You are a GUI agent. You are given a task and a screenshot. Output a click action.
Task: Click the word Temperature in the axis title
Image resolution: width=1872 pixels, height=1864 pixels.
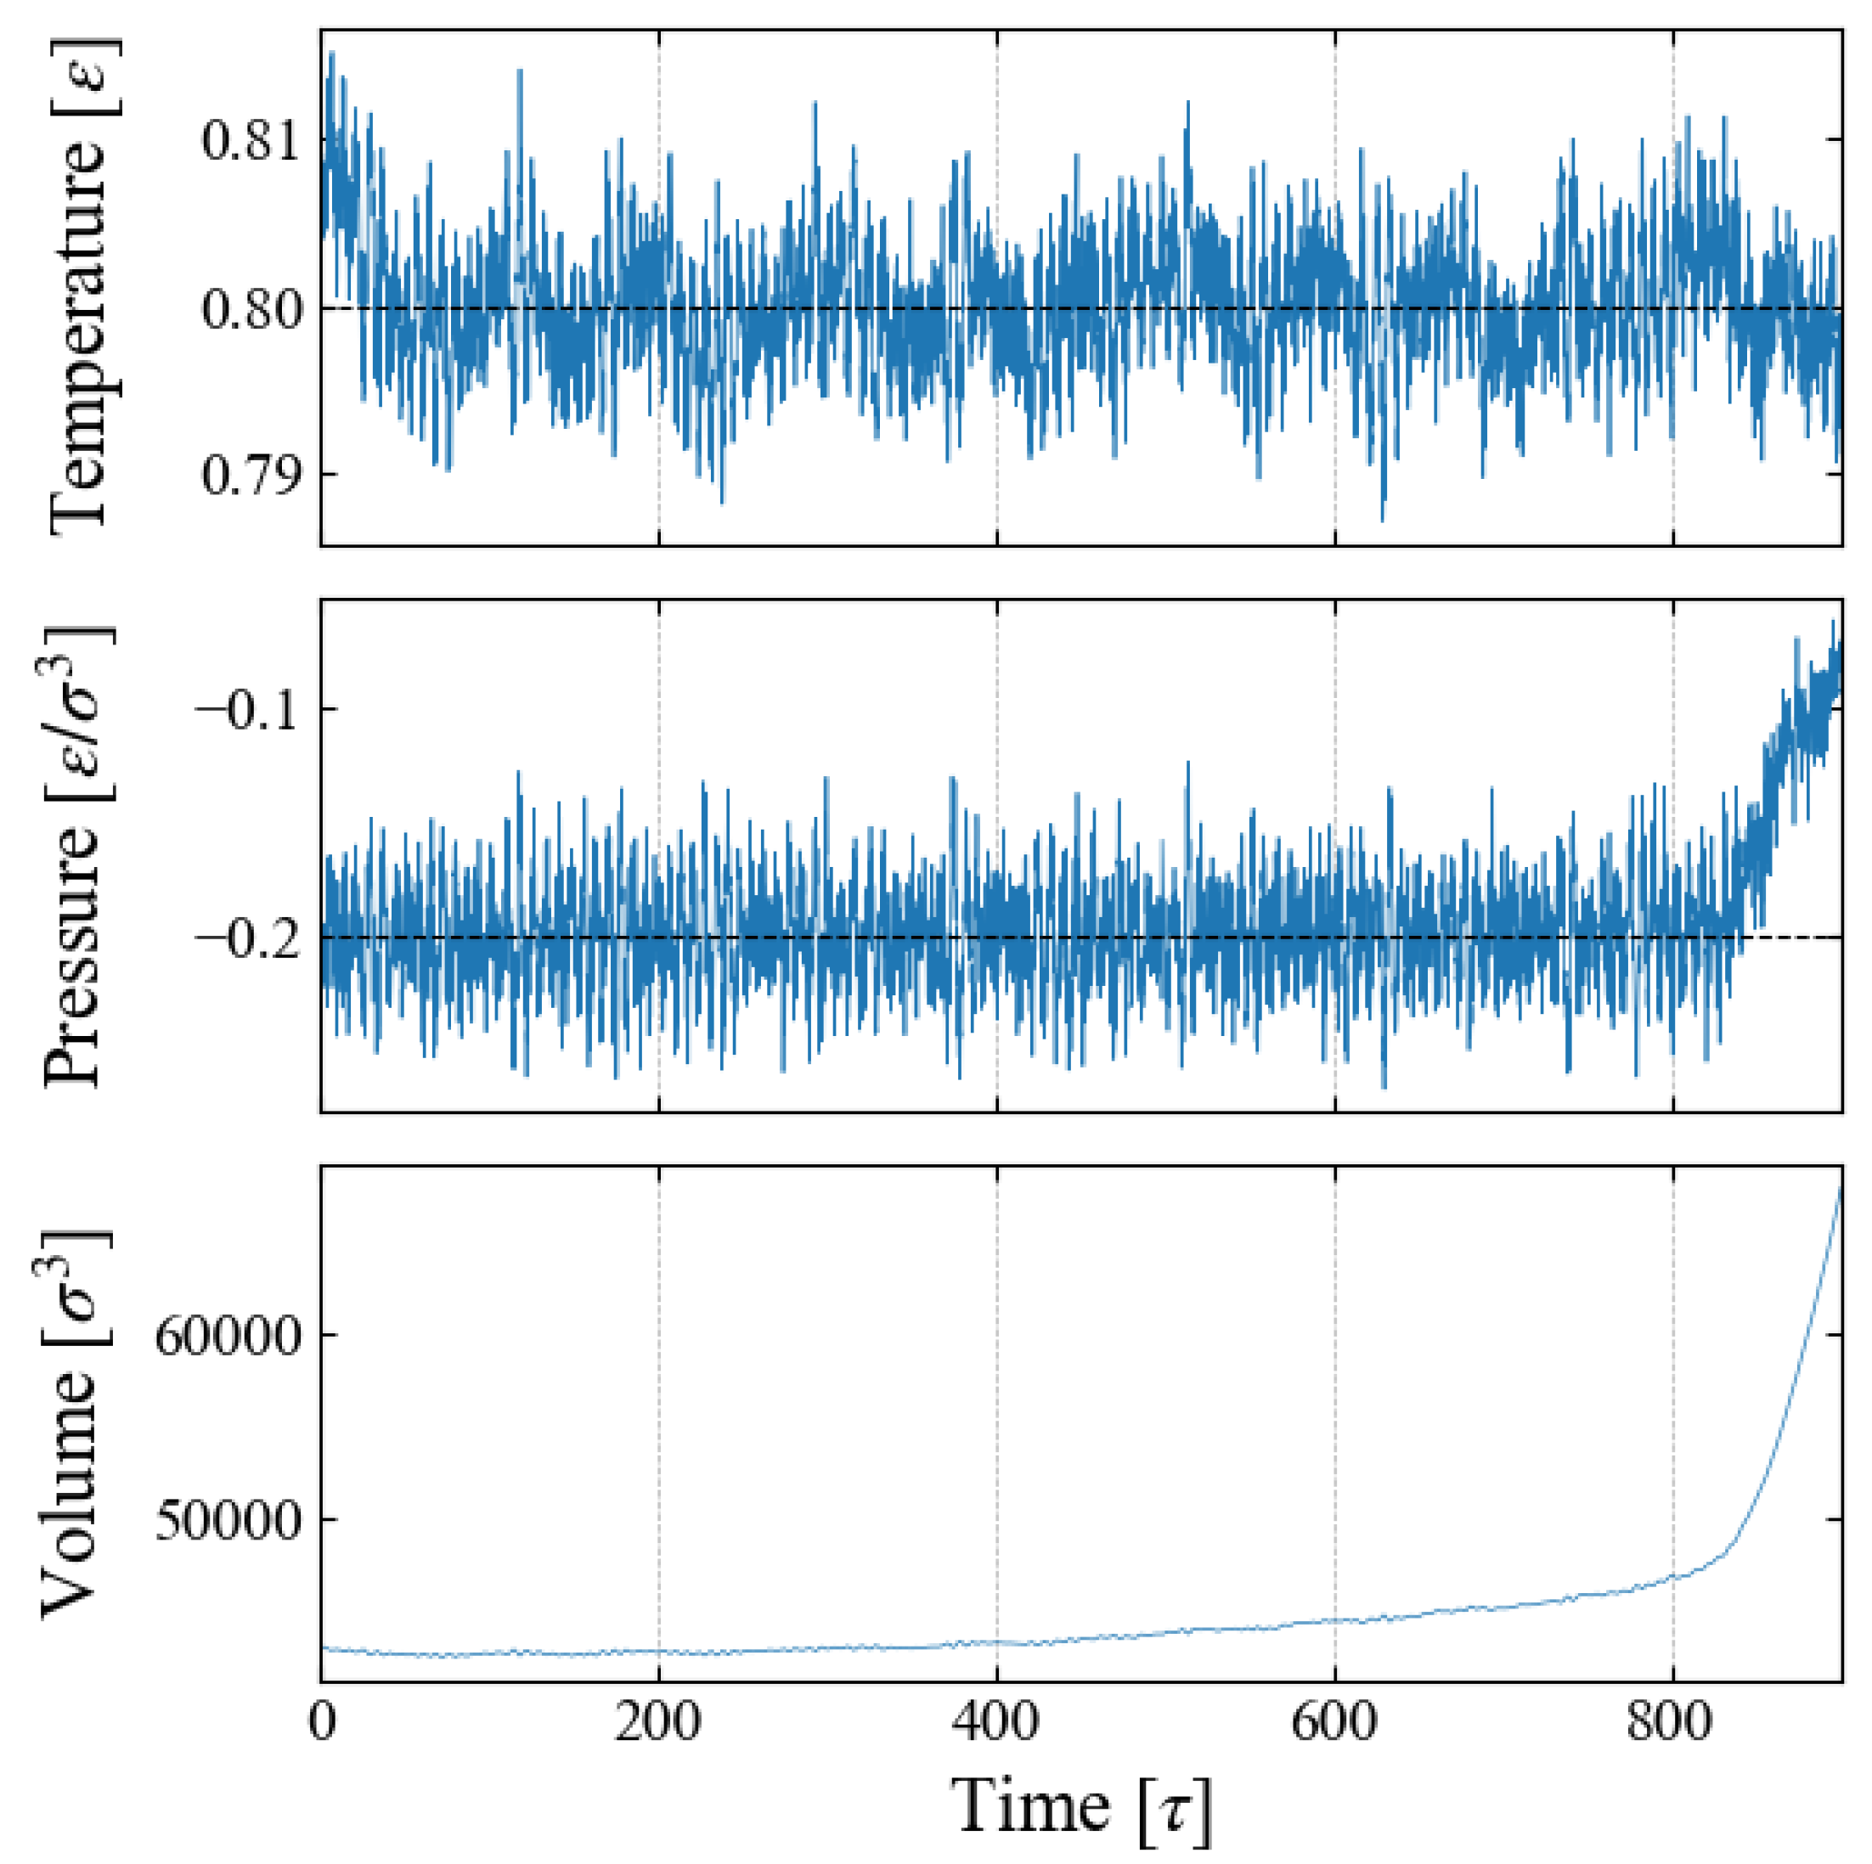(77, 335)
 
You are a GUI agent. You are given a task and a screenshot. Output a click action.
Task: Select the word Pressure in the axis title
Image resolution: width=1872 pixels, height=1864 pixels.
(73, 955)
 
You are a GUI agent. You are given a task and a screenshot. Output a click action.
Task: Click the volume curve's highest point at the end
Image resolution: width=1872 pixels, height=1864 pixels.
(1840, 1188)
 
